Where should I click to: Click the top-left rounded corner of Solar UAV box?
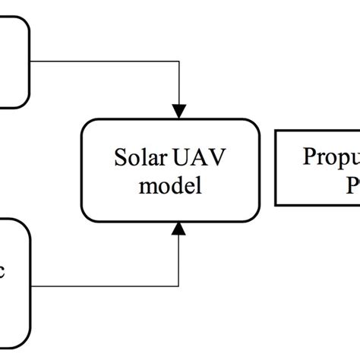[87, 124]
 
